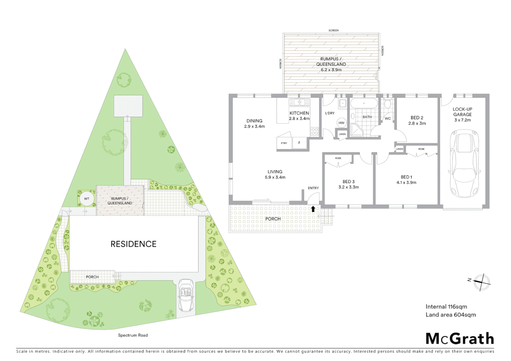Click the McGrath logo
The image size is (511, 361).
(459, 339)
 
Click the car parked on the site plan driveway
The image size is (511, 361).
(186, 295)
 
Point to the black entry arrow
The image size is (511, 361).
(313, 209)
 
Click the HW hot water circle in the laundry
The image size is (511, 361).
(341, 123)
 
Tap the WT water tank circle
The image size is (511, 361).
(87, 199)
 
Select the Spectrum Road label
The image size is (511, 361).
(133, 335)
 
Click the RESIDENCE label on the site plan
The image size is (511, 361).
(133, 244)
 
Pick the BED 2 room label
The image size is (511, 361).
(417, 118)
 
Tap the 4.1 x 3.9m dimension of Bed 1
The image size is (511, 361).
(406, 183)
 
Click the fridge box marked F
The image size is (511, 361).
(300, 143)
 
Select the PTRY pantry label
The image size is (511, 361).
(284, 143)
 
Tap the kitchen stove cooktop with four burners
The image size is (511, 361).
(314, 131)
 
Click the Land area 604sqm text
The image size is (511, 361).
(450, 315)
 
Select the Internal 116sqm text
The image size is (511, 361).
(446, 307)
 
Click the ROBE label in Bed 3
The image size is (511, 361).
(338, 158)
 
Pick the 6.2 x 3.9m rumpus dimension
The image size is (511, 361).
(331, 70)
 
